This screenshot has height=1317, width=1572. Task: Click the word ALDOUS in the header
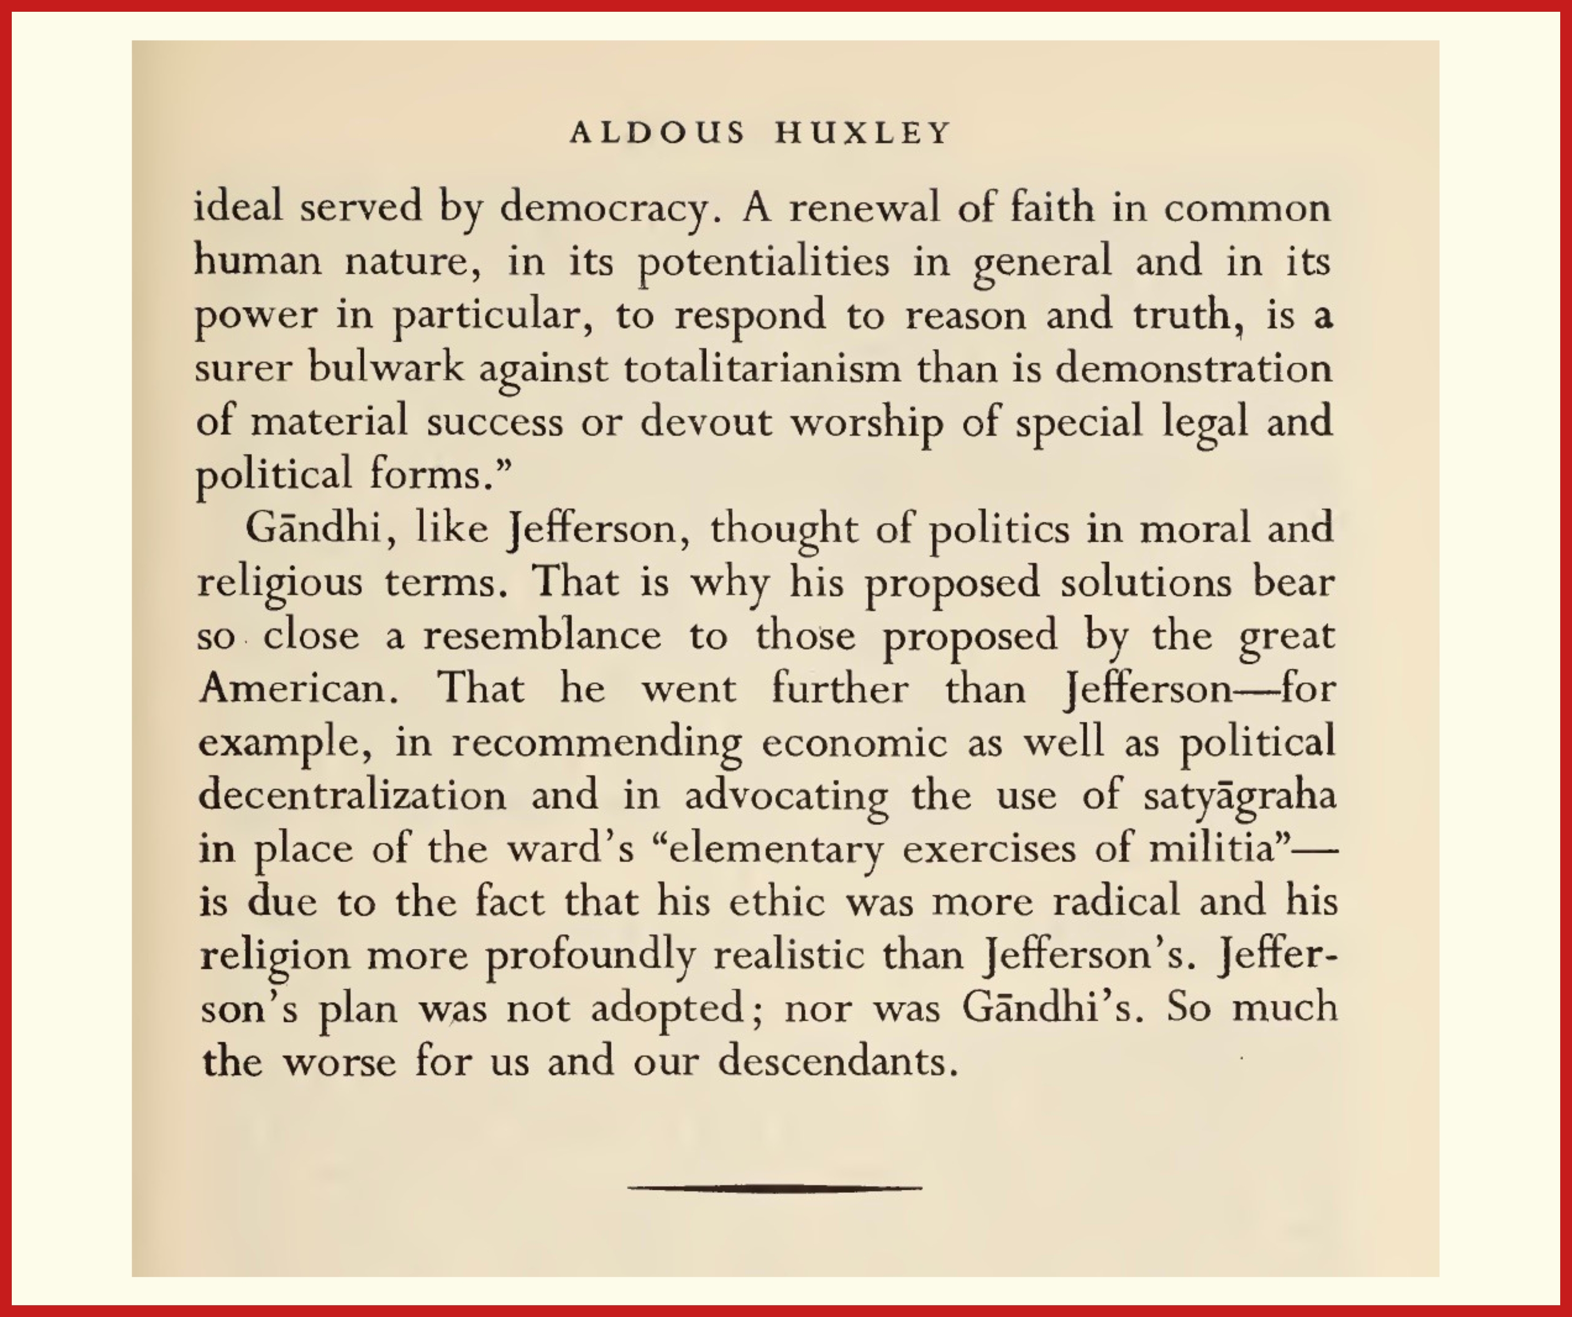[x=657, y=133]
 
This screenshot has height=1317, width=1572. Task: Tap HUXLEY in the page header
[x=863, y=133]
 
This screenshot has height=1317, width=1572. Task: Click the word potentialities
[x=764, y=262]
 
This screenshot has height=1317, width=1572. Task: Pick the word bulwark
[x=386, y=368]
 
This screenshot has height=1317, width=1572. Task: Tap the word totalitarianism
[x=762, y=368]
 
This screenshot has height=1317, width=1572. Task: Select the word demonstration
[x=1194, y=368]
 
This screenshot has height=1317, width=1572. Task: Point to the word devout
[x=705, y=421]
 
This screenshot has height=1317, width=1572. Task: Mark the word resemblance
[x=542, y=636]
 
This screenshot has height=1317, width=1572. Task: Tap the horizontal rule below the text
[x=775, y=1188]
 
